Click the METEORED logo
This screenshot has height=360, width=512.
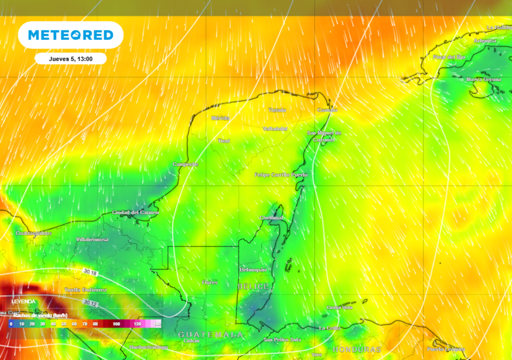coord(70,35)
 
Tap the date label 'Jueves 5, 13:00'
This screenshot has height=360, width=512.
coord(70,58)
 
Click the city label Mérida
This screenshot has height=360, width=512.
coord(220,118)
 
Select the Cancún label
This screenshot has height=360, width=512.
coord(327,110)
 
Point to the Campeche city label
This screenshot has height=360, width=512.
coord(185,164)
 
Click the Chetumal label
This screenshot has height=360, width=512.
coord(271,218)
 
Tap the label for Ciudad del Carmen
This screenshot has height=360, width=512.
coord(135,212)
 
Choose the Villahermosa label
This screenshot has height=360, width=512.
coord(92,240)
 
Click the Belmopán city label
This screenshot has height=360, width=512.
coord(253,269)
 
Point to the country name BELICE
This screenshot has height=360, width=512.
coord(253,286)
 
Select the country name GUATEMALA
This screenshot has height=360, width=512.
coord(210,334)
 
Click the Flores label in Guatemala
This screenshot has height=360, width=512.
coord(210,282)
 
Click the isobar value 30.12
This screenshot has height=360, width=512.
coord(90,303)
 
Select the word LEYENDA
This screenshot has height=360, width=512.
coord(23,301)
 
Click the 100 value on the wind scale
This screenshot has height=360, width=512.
coord(116,324)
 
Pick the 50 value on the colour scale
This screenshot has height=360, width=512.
coord(63,324)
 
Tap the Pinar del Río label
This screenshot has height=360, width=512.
coord(448,57)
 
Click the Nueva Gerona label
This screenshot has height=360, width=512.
coord(483,79)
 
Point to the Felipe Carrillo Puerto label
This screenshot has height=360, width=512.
coord(281,175)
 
